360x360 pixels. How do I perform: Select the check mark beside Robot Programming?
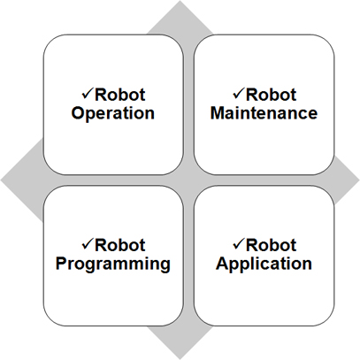pyautogui.click(x=88, y=244)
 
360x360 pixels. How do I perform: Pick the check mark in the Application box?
pyautogui.click(x=238, y=244)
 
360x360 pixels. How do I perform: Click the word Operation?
pyautogui.click(x=113, y=114)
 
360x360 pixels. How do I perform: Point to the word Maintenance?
pyautogui.click(x=264, y=113)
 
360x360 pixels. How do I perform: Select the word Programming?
pyautogui.click(x=113, y=264)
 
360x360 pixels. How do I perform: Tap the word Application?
pyautogui.click(x=264, y=264)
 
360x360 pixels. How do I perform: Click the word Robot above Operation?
pyautogui.click(x=120, y=95)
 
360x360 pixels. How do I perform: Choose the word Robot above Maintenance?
pyautogui.click(x=271, y=95)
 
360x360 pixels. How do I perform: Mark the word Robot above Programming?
pyautogui.click(x=120, y=245)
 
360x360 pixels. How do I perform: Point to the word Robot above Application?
pyautogui.click(x=271, y=245)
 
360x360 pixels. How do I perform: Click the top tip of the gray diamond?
pyautogui.click(x=180, y=1)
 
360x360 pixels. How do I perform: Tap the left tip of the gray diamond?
pyautogui.click(x=1, y=180)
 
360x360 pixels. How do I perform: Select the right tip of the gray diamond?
pyautogui.click(x=359, y=180)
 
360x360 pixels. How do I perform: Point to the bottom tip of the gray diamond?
pyautogui.click(x=180, y=359)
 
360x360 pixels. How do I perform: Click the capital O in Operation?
pyautogui.click(x=78, y=113)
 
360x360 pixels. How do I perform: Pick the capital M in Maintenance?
pyautogui.click(x=218, y=113)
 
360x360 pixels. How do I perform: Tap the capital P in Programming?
pyautogui.click(x=61, y=264)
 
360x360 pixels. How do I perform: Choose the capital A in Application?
pyautogui.click(x=223, y=264)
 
